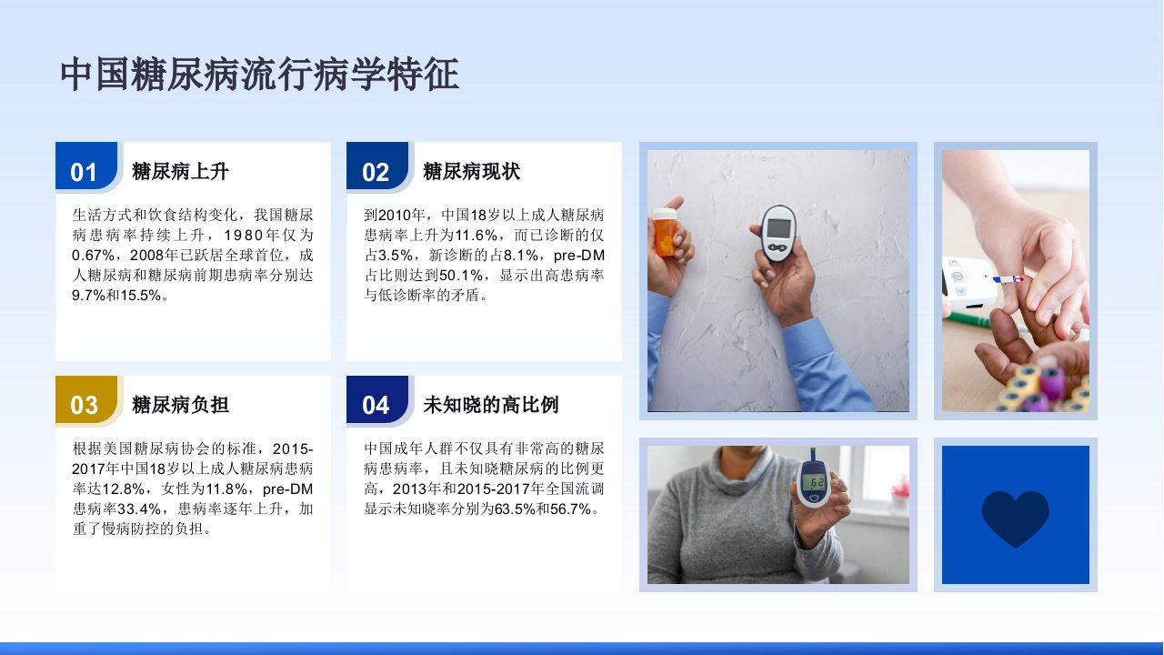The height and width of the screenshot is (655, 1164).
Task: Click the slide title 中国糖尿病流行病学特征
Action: [x=259, y=75]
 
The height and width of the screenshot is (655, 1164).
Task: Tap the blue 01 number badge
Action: [x=86, y=166]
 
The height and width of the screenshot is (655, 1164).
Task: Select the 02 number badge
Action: [x=377, y=166]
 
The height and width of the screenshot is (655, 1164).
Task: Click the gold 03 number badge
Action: [x=86, y=399]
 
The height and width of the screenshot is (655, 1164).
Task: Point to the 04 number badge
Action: [x=377, y=399]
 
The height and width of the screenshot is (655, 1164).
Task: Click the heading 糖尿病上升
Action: [x=180, y=171]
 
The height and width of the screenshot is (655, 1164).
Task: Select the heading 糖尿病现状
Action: [x=471, y=171]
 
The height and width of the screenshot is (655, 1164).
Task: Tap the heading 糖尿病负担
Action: [x=180, y=405]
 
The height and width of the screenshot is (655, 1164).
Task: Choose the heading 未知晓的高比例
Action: [x=490, y=405]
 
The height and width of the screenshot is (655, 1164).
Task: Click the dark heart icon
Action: [x=1016, y=518]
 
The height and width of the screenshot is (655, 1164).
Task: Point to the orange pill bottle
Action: [x=665, y=231]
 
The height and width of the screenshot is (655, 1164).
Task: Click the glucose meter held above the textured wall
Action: [x=778, y=233]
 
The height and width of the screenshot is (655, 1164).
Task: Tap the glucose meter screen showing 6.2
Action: [x=813, y=482]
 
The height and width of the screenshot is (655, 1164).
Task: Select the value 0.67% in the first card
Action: [x=93, y=256]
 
